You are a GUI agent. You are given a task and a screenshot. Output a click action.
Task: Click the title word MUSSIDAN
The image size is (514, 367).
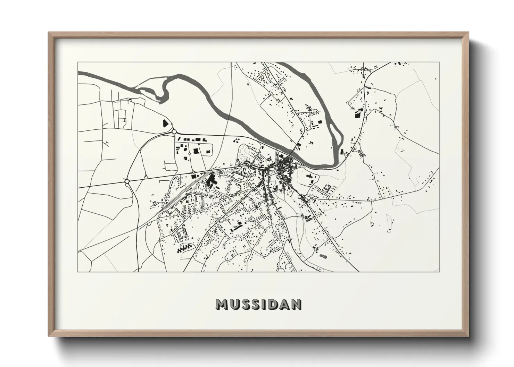tap(258, 304)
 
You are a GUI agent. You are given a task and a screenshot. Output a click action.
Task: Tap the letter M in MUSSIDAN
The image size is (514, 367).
tap(221, 304)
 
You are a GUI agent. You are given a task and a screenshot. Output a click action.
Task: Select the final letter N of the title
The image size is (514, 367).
tap(296, 304)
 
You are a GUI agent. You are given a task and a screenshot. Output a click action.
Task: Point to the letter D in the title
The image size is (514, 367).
tap(273, 304)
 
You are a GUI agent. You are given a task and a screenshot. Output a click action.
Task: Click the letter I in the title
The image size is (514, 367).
tap(265, 304)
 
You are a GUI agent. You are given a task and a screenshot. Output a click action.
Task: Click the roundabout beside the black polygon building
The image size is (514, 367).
tap(174, 131)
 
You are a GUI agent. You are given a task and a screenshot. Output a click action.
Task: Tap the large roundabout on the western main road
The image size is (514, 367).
tap(127, 181)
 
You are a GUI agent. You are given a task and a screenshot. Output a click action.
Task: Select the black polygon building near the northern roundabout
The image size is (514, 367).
tap(165, 123)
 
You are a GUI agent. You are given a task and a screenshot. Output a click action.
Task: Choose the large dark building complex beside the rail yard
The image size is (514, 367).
tap(210, 181)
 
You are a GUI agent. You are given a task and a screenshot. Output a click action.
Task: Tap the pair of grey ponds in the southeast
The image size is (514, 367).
tap(323, 256)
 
